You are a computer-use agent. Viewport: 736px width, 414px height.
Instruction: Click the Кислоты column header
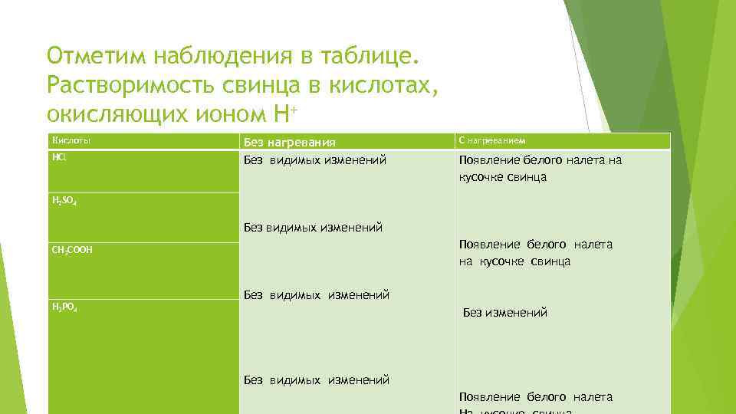(x=71, y=140)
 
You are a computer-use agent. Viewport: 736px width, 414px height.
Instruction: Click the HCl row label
(x=59, y=157)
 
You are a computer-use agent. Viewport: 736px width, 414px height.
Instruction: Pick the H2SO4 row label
(x=64, y=201)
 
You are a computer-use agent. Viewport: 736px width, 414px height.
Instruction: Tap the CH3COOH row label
(x=72, y=250)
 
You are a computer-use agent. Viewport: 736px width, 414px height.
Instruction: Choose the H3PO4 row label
(x=64, y=307)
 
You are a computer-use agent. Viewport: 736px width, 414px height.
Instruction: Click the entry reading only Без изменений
(x=505, y=313)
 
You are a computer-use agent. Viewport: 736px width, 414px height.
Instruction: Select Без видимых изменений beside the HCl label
(x=314, y=160)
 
